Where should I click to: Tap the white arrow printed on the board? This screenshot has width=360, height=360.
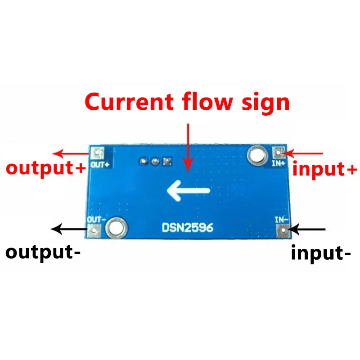point(188,191)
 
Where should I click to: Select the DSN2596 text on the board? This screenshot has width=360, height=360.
point(188,228)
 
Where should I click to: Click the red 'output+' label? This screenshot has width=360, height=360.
point(45,168)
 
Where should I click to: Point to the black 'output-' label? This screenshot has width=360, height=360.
point(43,252)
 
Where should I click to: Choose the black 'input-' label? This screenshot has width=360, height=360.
point(321,253)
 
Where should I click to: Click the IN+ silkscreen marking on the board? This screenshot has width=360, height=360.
point(277,163)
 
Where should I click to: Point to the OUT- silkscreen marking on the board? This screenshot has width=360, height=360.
point(96,219)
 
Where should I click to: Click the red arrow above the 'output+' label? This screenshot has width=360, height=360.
point(69,153)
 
